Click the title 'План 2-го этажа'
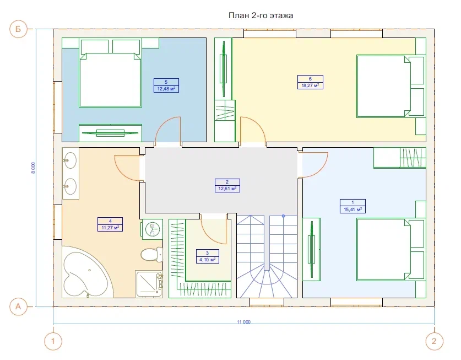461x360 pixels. pyautogui.click(x=261, y=15)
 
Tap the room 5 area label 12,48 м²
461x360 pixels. pyautogui.click(x=166, y=89)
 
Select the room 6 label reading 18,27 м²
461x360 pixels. pyautogui.click(x=310, y=85)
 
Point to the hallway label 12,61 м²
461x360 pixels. pyautogui.click(x=227, y=189)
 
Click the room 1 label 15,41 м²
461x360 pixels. pyautogui.click(x=352, y=209)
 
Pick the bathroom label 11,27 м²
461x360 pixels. pyautogui.click(x=110, y=228)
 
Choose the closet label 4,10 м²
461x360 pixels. pyautogui.click(x=207, y=260)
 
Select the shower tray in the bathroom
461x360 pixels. pyautogui.click(x=149, y=284)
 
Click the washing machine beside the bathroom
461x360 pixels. pyautogui.click(x=153, y=229)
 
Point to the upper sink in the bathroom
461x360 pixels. pyautogui.click(x=70, y=160)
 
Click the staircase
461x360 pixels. pyautogui.click(x=267, y=257)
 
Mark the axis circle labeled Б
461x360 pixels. pyautogui.click(x=18, y=29)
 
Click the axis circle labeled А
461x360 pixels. pyautogui.click(x=18, y=307)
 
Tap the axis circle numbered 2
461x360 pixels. pyautogui.click(x=434, y=341)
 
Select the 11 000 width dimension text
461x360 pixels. pyautogui.click(x=244, y=322)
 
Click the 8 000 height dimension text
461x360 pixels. pyautogui.click(x=33, y=168)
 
